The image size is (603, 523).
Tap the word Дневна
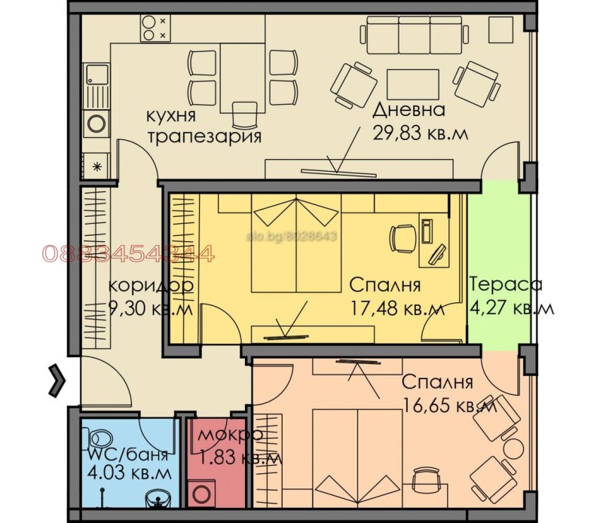click(x=409, y=110)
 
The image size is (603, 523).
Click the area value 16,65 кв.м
click(x=449, y=405)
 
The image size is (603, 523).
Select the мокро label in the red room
click(x=230, y=435)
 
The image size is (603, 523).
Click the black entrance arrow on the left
click(x=54, y=378)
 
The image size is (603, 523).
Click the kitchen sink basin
click(x=94, y=76)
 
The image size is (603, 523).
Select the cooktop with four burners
click(x=155, y=28)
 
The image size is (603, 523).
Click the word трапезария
click(x=204, y=137)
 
